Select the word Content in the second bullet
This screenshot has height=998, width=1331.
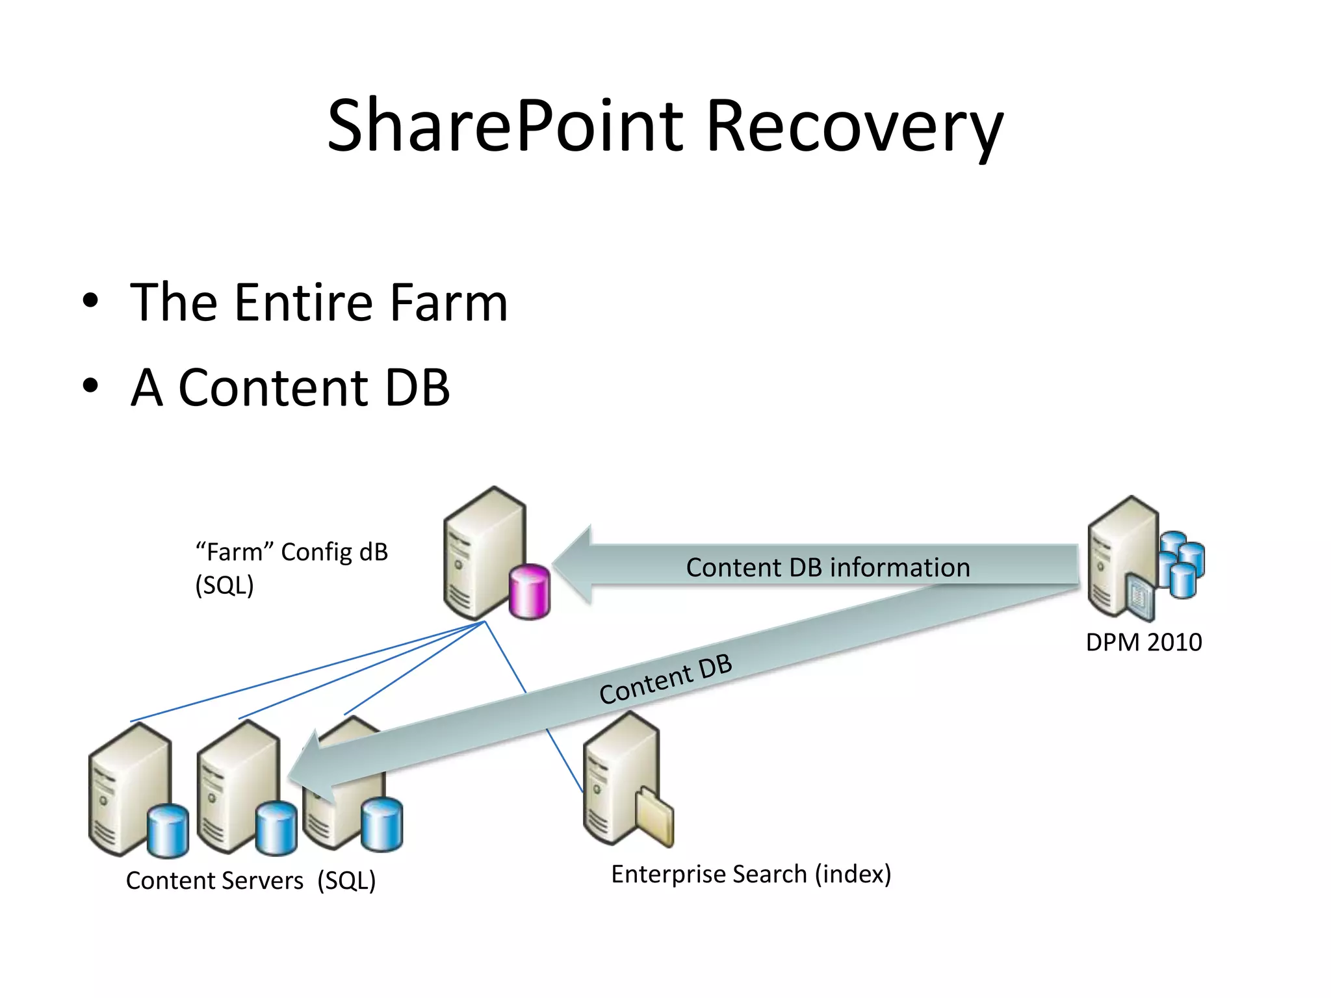[273, 387]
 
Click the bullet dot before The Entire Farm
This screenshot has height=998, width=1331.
[90, 301]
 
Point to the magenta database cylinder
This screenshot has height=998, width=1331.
[530, 591]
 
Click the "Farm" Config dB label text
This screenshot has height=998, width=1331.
[291, 552]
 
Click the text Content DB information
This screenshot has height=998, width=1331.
[827, 567]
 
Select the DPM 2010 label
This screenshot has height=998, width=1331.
[1143, 642]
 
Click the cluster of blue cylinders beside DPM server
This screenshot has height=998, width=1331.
[1182, 564]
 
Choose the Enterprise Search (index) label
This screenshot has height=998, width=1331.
[751, 874]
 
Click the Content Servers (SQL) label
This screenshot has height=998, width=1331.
[251, 880]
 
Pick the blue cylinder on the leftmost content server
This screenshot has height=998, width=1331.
[168, 831]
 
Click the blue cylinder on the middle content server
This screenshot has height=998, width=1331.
[276, 828]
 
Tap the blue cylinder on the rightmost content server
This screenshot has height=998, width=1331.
[381, 825]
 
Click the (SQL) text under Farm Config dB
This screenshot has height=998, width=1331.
[224, 585]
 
